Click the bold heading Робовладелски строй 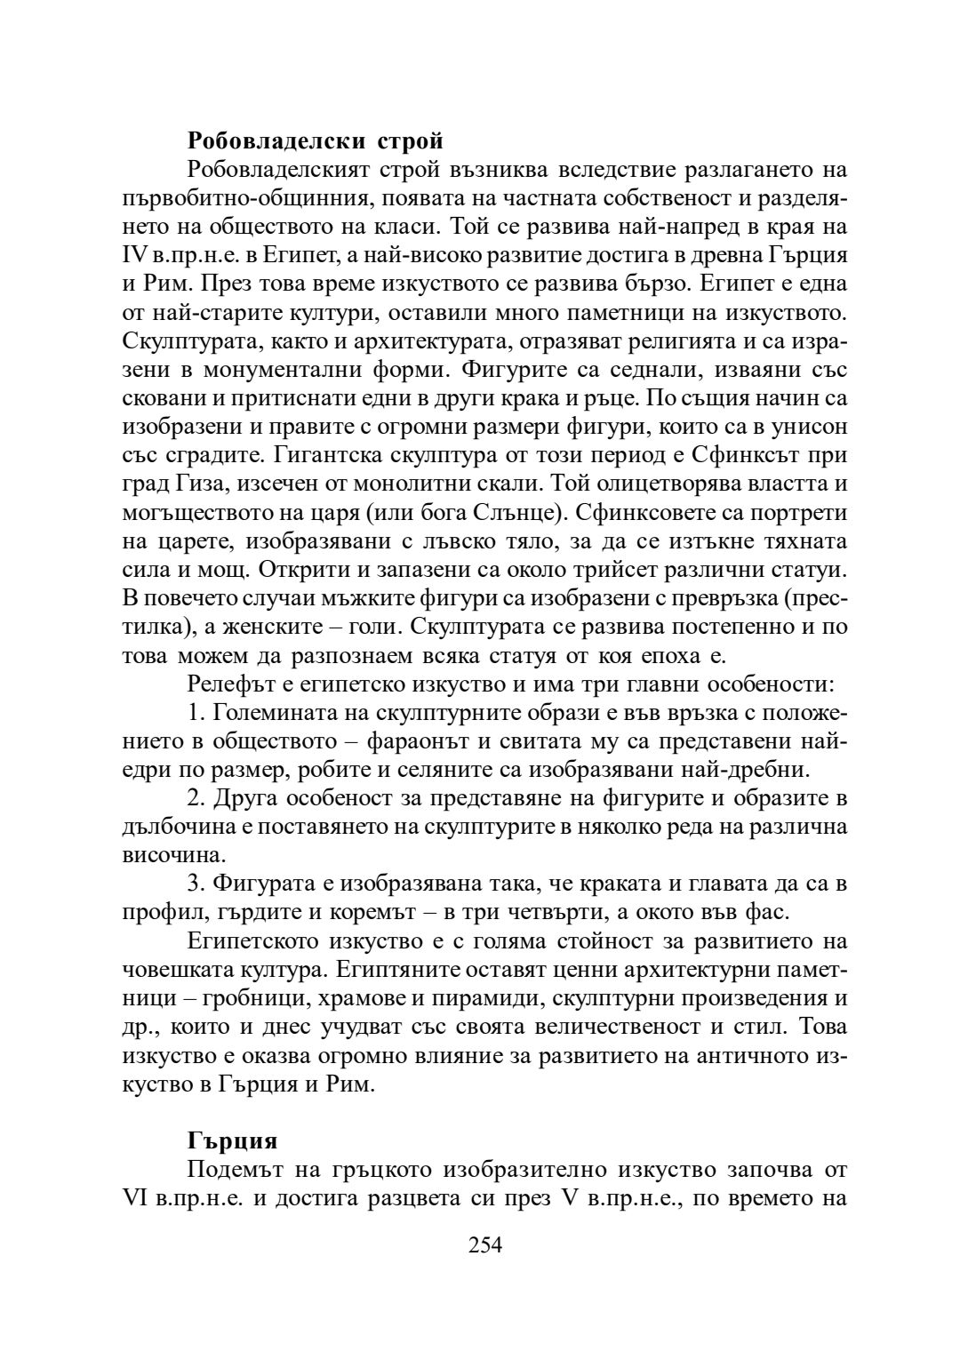coord(316,140)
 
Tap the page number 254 coord(485,1244)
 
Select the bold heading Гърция coord(233,1140)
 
